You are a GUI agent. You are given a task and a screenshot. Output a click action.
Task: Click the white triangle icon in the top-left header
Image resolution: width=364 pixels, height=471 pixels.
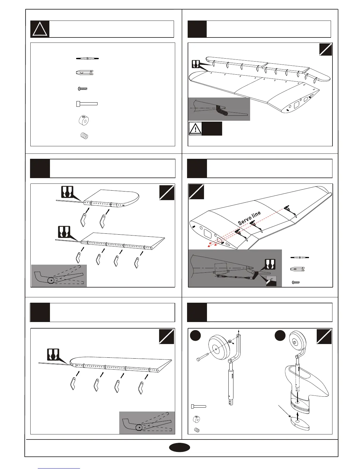coord(40,29)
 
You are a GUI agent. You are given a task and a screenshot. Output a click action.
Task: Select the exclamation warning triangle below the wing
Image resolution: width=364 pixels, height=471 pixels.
coord(195,128)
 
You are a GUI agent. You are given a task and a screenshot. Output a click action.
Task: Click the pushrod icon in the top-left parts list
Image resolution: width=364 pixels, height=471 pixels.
coord(87,59)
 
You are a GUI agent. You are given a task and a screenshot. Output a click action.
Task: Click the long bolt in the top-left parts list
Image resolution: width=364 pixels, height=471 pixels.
coord(87,104)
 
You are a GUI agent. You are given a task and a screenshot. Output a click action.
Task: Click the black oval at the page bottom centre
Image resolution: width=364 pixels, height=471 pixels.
coord(179,448)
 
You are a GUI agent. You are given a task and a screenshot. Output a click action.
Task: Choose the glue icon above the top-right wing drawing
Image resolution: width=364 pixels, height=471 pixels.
coord(195,64)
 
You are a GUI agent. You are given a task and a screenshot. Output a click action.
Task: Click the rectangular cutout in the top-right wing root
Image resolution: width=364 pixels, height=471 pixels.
coord(296,105)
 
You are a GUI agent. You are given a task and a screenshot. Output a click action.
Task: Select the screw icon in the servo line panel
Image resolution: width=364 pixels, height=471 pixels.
coord(296,282)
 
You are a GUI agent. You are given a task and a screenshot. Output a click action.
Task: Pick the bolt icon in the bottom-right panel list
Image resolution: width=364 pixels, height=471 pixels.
coord(199,406)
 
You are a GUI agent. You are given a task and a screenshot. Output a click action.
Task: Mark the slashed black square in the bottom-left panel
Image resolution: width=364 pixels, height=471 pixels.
coord(167,336)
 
